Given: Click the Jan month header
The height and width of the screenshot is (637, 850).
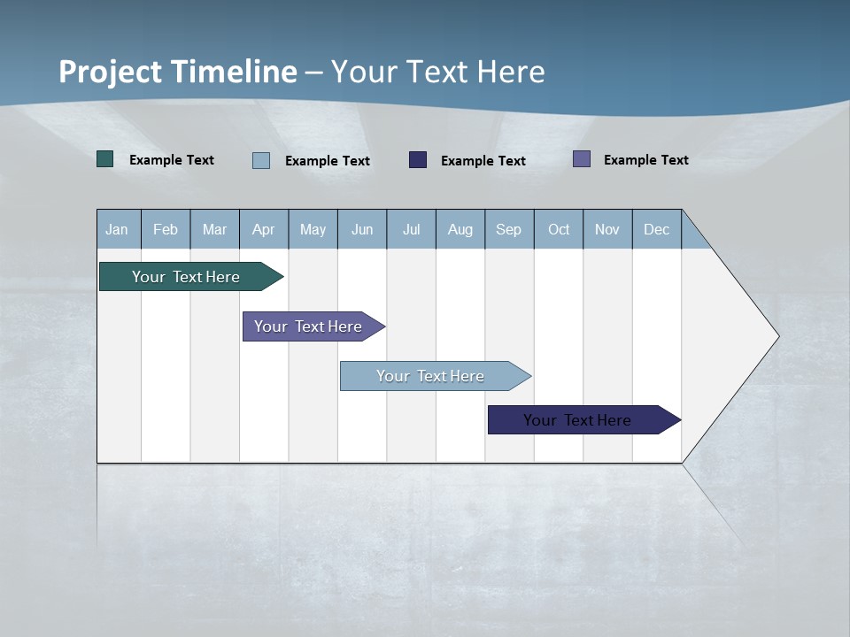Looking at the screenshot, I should click(x=117, y=229).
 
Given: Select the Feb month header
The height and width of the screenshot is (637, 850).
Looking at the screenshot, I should click(x=166, y=229).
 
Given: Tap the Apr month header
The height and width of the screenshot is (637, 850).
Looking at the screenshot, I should click(x=263, y=229).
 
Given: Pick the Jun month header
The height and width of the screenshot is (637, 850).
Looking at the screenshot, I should click(x=362, y=229).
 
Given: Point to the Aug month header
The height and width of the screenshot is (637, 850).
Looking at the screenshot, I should click(x=460, y=229).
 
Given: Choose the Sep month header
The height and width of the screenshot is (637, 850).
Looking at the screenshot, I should click(x=508, y=229).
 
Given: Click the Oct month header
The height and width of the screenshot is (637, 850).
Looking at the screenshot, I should click(x=559, y=229).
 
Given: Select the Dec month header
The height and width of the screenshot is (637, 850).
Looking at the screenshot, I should click(x=656, y=229).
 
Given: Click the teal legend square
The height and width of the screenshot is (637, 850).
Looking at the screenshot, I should click(x=105, y=159).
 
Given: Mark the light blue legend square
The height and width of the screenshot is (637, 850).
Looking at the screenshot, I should click(x=261, y=160).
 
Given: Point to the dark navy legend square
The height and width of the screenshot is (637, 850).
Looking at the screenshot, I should click(x=418, y=159).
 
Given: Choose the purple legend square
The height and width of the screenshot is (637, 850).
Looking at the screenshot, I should click(x=582, y=159).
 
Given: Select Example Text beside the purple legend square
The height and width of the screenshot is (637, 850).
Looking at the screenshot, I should click(x=645, y=160).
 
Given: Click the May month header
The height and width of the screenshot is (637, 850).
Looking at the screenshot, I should click(x=313, y=229).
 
